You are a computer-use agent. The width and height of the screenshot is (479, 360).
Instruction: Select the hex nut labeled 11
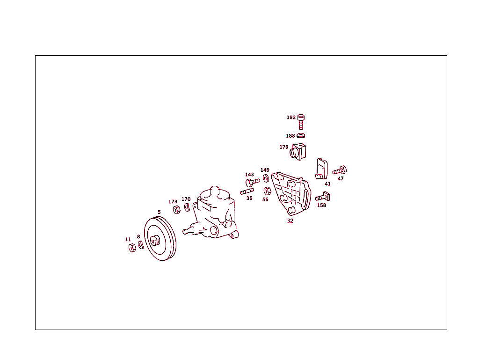pyautogui.click(x=132, y=248)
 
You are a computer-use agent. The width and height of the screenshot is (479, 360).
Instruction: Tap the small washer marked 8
pyautogui.click(x=140, y=245)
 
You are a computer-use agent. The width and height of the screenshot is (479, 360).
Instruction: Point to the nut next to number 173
pyautogui.click(x=176, y=209)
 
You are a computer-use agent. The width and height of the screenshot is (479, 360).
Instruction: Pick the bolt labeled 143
pyautogui.click(x=252, y=182)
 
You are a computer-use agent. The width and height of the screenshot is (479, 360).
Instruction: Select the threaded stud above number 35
pyautogui.click(x=247, y=191)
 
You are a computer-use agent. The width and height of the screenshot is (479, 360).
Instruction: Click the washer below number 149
pyautogui.click(x=265, y=178)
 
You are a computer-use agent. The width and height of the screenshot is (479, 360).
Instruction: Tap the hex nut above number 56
pyautogui.click(x=267, y=191)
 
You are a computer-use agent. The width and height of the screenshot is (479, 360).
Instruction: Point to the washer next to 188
pyautogui.click(x=301, y=136)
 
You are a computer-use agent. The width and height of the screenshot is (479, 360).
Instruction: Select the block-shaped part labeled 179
pyautogui.click(x=298, y=151)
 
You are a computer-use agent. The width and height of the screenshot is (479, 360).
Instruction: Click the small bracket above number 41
pyautogui.click(x=321, y=169)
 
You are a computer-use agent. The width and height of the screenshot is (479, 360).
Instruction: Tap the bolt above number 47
pyautogui.click(x=340, y=170)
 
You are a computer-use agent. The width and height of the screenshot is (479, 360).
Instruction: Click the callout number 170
pyautogui.click(x=186, y=199)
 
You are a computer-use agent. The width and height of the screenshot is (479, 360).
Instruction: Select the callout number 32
pyautogui.click(x=290, y=220)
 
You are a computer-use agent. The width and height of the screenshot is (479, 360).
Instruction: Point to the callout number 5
pyautogui.click(x=159, y=212)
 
